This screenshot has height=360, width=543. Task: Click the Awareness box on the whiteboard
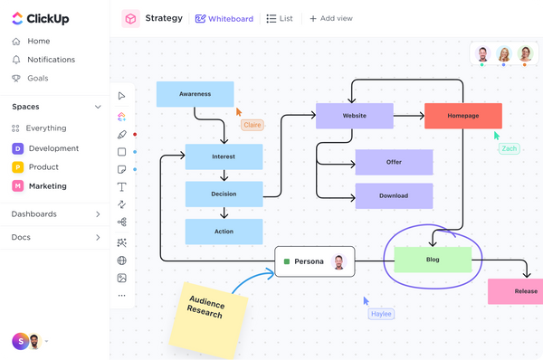(x=195, y=94)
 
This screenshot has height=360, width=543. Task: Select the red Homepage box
(x=462, y=116)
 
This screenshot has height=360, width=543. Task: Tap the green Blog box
(x=433, y=260)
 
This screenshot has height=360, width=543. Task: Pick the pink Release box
(x=516, y=291)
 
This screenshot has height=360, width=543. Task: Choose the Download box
(x=393, y=195)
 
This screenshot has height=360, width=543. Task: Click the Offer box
(x=393, y=162)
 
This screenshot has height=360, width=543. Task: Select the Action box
(x=224, y=232)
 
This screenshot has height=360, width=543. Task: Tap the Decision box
(x=224, y=194)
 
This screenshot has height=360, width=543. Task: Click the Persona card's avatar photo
(x=338, y=261)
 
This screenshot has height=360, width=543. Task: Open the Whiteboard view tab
(x=225, y=18)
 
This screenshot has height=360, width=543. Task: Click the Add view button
(x=330, y=18)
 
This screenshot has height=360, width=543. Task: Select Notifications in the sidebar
(x=51, y=60)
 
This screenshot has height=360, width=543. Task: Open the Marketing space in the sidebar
(x=47, y=186)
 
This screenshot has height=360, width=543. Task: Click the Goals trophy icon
(x=15, y=78)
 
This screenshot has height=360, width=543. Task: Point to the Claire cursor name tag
(x=252, y=125)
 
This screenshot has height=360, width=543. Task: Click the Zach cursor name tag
(x=510, y=148)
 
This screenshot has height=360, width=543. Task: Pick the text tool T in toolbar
(x=121, y=186)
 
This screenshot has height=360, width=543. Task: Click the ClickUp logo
(x=40, y=18)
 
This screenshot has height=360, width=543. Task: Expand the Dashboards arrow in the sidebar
(x=98, y=214)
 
